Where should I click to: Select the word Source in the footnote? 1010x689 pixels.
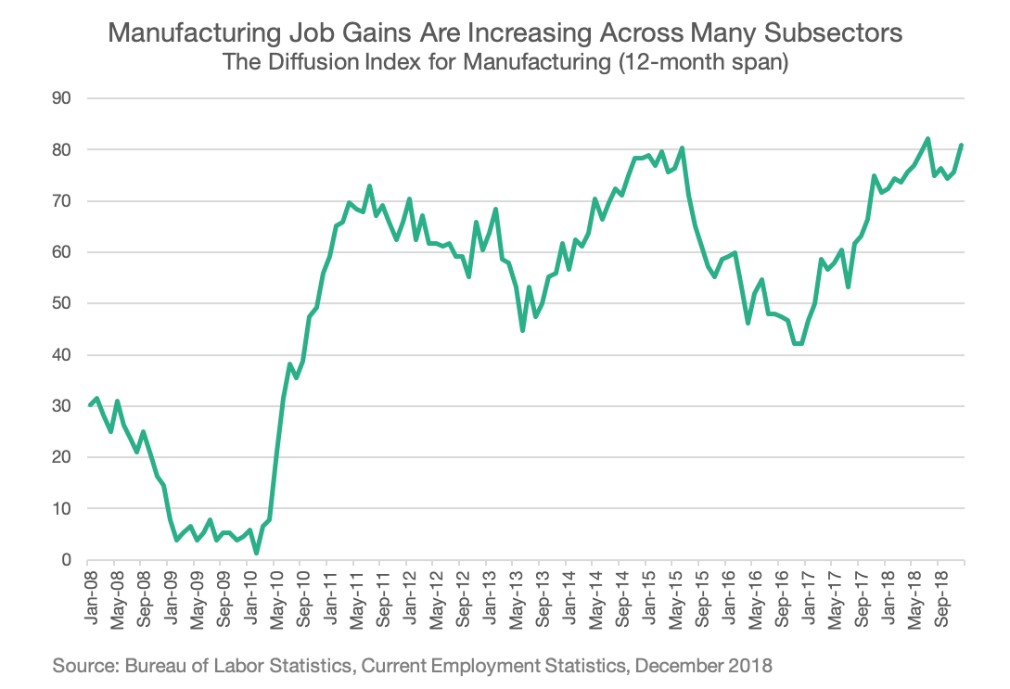pyautogui.click(x=81, y=666)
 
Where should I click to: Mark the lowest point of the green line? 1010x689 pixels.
pyautogui.click(x=256, y=554)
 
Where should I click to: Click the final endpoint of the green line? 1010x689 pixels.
pyautogui.click(x=962, y=145)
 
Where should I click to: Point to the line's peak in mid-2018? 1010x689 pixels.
pyautogui.click(x=927, y=139)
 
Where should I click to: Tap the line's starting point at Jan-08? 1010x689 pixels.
pyautogui.click(x=88, y=405)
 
